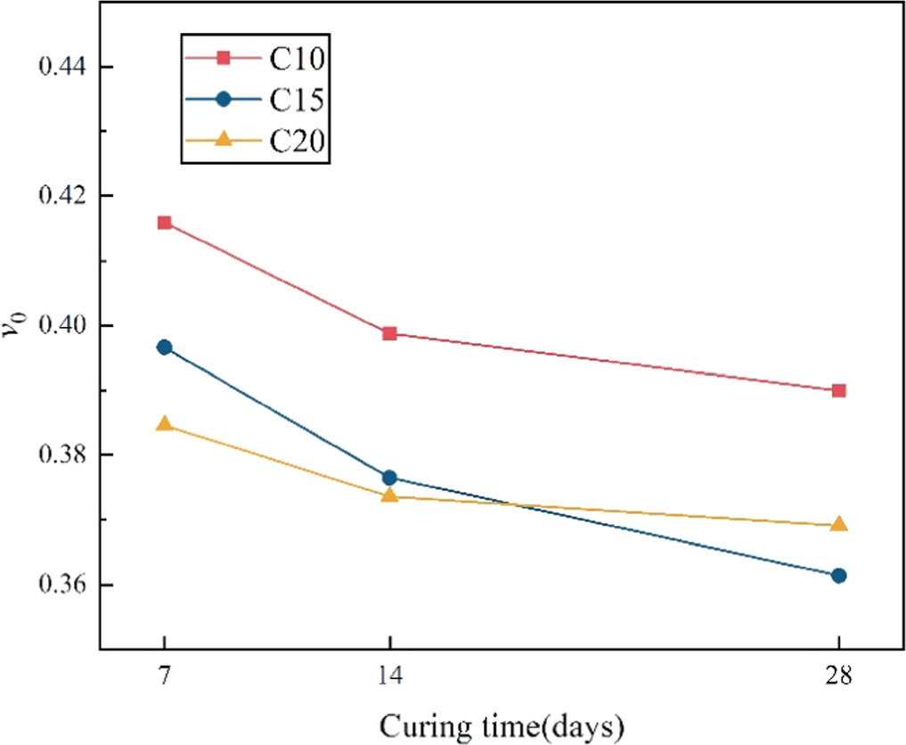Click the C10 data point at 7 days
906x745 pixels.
(x=165, y=223)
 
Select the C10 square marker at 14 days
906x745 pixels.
(x=389, y=334)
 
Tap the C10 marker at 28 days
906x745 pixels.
(x=838, y=390)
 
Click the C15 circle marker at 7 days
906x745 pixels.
(x=165, y=348)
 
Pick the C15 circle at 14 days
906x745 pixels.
(x=389, y=478)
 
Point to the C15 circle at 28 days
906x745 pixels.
(x=838, y=576)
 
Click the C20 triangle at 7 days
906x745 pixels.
(x=165, y=424)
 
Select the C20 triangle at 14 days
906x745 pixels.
(x=389, y=495)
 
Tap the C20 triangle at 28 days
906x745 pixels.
(x=838, y=524)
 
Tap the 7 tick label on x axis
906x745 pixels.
(x=165, y=675)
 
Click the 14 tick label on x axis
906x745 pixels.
(x=389, y=675)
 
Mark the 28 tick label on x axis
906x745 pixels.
(x=838, y=675)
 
